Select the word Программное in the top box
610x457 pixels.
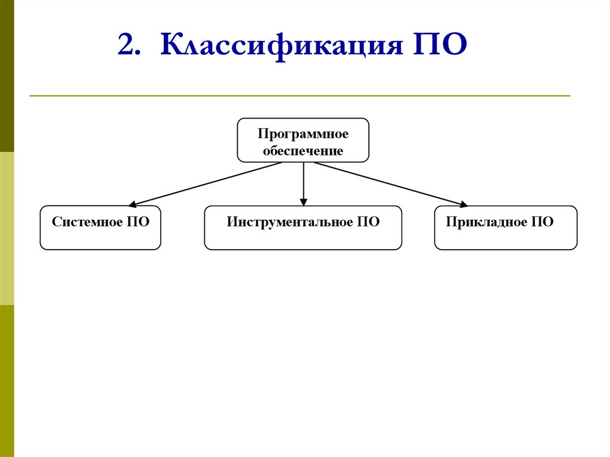pos(303,134)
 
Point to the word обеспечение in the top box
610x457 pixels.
pos(303,151)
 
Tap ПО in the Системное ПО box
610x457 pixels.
pos(138,222)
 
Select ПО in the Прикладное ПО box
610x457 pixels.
pos(542,222)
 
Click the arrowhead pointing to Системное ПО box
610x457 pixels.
pos(133,205)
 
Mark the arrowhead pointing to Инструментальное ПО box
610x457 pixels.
pos(303,203)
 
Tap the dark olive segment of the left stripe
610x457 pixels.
pos(7,76)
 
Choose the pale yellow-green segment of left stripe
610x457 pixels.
pos(7,228)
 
